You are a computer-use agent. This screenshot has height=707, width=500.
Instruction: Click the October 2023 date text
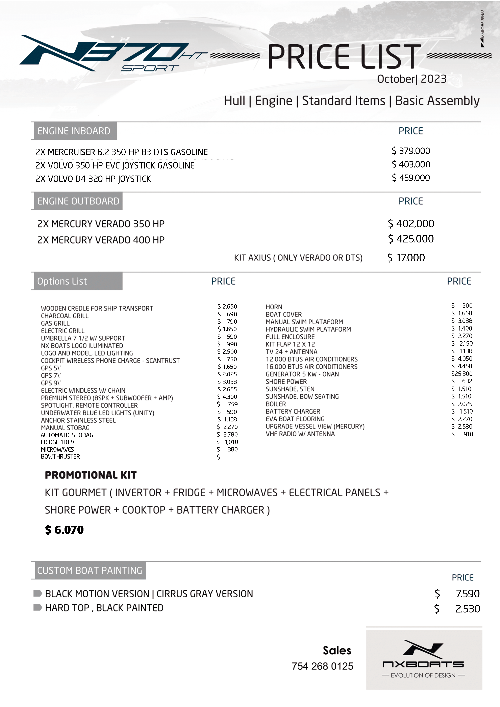411,79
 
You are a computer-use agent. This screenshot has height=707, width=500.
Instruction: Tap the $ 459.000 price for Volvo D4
411,178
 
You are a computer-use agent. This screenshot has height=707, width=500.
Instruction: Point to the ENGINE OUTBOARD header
78,201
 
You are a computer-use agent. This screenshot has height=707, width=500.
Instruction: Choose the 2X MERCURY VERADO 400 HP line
101,240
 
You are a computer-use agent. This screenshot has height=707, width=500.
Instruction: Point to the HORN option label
274,307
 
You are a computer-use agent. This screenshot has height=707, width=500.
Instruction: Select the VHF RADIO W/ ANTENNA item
300,434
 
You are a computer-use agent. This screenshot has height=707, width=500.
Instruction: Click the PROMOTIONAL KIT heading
91,475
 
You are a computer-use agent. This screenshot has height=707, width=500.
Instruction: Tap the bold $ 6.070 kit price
64,530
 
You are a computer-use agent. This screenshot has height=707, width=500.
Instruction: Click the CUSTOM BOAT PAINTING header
90,571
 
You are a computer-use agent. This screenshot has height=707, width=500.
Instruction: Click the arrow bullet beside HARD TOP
37,607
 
